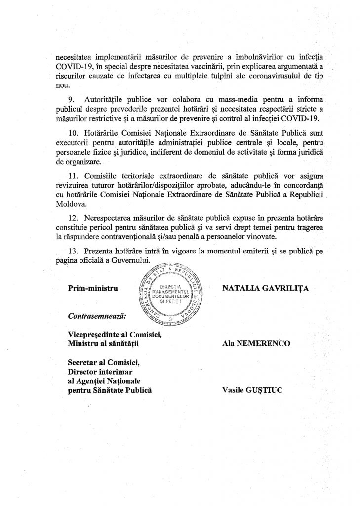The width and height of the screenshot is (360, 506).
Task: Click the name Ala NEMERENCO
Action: [252, 341]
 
